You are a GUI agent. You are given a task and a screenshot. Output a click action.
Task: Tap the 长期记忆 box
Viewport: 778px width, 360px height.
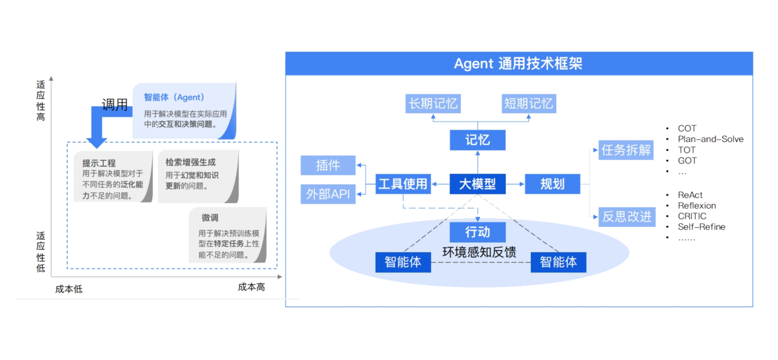point(433,104)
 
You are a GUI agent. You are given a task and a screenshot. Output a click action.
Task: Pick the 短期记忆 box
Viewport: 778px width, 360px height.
point(529,104)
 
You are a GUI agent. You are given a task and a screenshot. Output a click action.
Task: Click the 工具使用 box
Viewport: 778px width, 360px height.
point(403,184)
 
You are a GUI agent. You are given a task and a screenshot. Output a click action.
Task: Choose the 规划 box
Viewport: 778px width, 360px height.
point(552,184)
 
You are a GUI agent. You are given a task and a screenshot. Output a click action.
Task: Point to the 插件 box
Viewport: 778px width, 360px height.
point(328,165)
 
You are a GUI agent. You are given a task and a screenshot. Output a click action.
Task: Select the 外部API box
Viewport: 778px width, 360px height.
point(328,194)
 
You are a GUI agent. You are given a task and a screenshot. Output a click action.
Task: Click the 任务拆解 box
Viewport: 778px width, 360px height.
point(626,150)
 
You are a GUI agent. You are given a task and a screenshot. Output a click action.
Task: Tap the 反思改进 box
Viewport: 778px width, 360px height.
point(627,216)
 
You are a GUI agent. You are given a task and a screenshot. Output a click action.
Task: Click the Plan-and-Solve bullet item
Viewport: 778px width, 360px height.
point(710,139)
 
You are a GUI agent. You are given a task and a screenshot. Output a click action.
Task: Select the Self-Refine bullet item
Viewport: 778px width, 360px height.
point(701,227)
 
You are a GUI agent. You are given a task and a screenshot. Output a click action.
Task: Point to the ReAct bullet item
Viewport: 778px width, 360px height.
point(690,195)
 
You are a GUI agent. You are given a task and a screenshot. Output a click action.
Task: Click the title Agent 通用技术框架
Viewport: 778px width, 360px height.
point(518,64)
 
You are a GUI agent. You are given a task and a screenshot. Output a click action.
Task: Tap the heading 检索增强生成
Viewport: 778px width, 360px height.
point(191,162)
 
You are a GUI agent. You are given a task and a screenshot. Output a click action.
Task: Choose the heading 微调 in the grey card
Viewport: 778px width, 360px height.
point(210,218)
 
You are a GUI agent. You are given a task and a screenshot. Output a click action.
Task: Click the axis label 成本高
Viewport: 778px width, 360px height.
point(251,287)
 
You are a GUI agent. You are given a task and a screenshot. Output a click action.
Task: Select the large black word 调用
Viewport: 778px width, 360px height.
point(115,105)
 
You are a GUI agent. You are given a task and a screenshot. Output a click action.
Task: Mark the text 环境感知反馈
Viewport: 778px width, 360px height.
point(479,252)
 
